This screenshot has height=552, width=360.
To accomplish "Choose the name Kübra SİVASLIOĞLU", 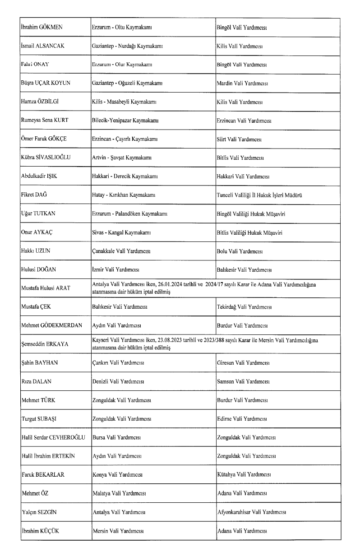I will click(x=46, y=158).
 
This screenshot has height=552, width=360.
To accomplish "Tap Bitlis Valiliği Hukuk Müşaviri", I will click(x=250, y=232).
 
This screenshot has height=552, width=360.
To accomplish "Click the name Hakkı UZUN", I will click(x=36, y=251).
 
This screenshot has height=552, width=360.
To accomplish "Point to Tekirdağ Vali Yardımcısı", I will click(x=244, y=307).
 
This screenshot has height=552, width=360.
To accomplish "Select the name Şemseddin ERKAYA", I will click(x=45, y=344).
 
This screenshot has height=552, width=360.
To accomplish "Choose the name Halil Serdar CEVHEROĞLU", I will click(x=53, y=437).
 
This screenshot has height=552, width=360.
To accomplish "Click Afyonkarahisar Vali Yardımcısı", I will click(x=251, y=512).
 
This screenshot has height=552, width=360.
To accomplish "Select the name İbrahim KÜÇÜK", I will click(x=40, y=531).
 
